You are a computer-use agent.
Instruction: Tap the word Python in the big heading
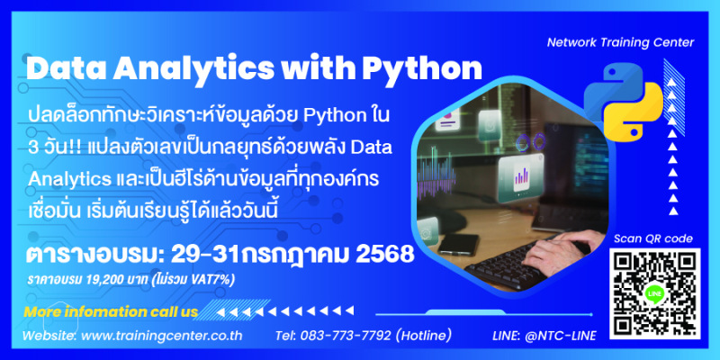coord(422,69)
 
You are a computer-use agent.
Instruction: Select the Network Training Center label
coord(620,42)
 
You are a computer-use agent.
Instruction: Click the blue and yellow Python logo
coord(624,100)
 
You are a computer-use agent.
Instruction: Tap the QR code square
coord(655,293)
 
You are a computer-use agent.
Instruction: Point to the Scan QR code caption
coord(653,238)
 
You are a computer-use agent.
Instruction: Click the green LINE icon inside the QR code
coord(655,294)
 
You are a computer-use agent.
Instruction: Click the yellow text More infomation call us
coord(111,312)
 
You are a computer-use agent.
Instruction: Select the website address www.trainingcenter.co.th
coord(162,336)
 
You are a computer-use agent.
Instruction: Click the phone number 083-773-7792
coord(346,336)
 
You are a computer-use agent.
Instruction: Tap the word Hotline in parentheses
coord(422,336)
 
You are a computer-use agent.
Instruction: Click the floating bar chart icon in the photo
coord(520,175)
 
